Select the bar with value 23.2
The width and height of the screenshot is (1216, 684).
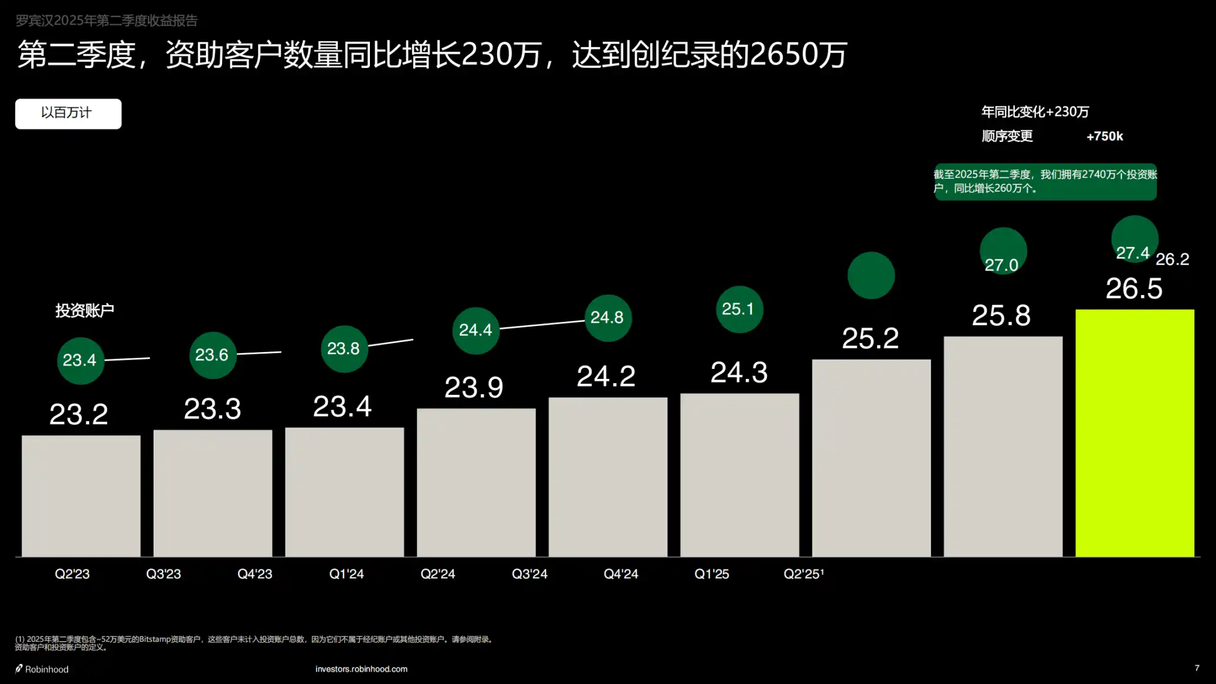click(x=81, y=496)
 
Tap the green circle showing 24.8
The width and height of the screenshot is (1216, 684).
click(x=607, y=318)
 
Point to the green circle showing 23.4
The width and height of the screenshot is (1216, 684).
click(x=80, y=360)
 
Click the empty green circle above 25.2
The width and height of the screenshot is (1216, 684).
click(x=871, y=275)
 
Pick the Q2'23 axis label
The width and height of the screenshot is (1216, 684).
click(x=72, y=574)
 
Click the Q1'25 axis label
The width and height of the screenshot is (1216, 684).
click(x=712, y=574)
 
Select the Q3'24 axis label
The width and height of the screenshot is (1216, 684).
click(x=529, y=574)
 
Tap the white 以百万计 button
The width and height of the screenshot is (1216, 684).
click(x=68, y=113)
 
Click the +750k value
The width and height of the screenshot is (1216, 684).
click(x=1105, y=136)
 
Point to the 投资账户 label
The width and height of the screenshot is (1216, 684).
click(x=84, y=310)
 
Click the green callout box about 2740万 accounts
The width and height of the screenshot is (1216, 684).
click(x=1045, y=181)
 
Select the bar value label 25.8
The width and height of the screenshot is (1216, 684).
click(x=1001, y=316)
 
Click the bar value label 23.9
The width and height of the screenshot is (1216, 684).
click(x=474, y=387)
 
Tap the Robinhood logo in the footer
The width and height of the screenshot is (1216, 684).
click(x=42, y=669)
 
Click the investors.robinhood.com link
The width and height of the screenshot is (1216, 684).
click(x=361, y=669)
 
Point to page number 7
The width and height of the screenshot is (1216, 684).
click(x=1197, y=668)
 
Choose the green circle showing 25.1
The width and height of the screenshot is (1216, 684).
click(x=739, y=309)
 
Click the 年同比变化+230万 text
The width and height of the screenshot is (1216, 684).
click(x=1035, y=111)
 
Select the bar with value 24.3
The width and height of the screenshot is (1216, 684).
click(x=739, y=475)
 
